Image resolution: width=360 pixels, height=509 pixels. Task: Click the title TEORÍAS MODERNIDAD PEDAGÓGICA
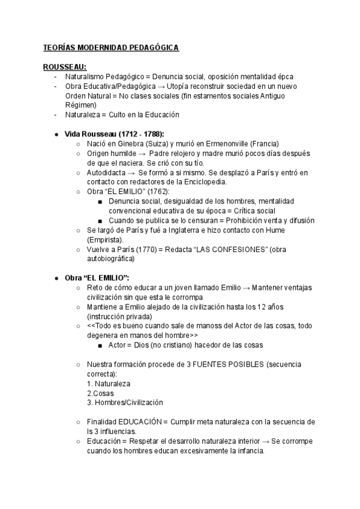[111, 47]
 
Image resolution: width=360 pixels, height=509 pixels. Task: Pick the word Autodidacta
[107, 173]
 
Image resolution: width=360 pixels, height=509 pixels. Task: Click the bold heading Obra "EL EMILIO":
[97, 278]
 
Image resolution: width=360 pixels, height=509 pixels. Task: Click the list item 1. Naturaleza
[109, 384]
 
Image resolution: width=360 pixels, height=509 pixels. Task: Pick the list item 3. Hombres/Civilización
[125, 402]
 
